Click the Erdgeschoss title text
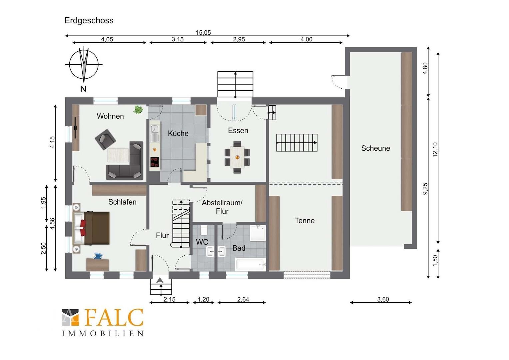coord(89,20)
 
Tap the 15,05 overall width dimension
coord(204,33)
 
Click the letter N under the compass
coord(83,89)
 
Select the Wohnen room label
coord(110,116)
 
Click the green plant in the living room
coord(138,110)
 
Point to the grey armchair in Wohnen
coord(106,139)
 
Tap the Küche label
coord(178,133)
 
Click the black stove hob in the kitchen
coord(155,162)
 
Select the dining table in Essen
coord(237,157)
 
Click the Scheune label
coord(376,148)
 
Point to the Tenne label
coord(305,221)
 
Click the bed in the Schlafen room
coord(91,228)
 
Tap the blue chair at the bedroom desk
coord(98,256)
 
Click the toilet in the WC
coord(204,230)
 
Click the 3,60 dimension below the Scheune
coord(383,299)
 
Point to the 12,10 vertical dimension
coord(435,149)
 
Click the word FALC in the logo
coord(114,317)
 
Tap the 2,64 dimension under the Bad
coord(243,299)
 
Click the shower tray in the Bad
coord(258,233)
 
